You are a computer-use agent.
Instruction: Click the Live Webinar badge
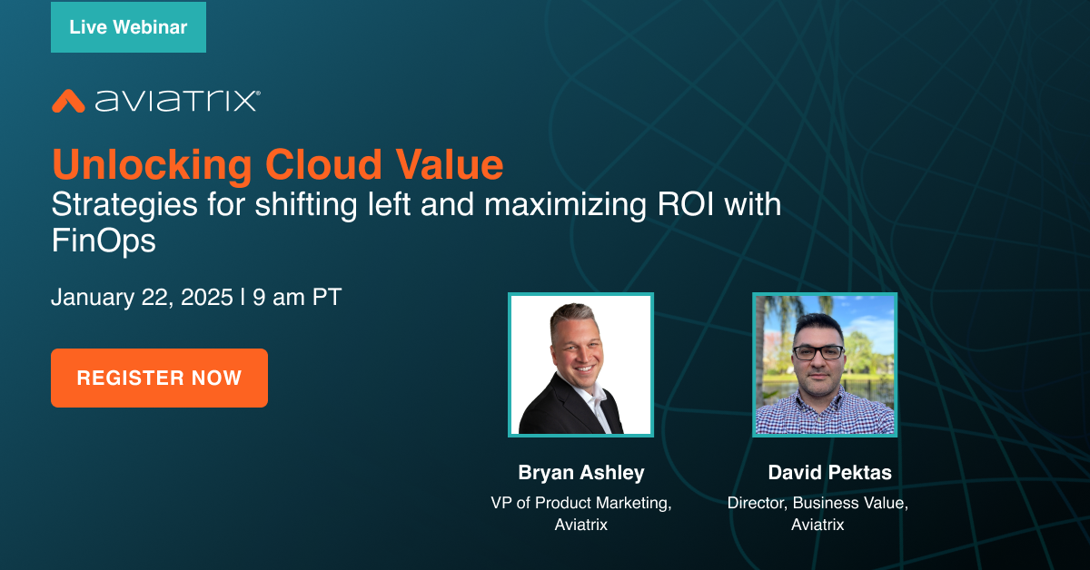[128, 27]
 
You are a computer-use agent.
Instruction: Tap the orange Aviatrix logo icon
[68, 100]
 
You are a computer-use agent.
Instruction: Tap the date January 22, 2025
[142, 298]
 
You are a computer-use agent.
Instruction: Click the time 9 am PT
[297, 298]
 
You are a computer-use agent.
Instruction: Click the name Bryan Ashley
[580, 473]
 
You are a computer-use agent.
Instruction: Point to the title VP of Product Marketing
[581, 503]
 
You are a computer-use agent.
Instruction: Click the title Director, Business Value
[817, 503]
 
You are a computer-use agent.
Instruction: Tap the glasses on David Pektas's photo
[817, 351]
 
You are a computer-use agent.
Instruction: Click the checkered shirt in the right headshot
[823, 413]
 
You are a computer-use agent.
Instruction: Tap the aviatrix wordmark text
[177, 100]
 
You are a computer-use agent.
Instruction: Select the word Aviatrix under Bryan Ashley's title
[581, 525]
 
